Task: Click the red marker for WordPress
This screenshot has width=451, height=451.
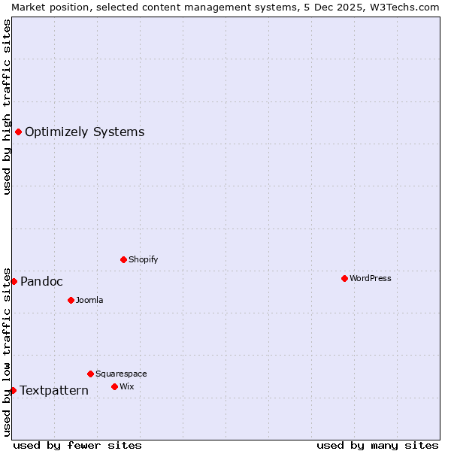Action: tap(344, 278)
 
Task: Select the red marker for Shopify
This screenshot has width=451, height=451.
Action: tap(123, 259)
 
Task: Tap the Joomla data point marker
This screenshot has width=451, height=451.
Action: tap(71, 300)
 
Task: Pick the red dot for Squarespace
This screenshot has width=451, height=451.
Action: tap(90, 374)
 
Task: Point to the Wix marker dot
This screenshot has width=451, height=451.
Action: tap(114, 386)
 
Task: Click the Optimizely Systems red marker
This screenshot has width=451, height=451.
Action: tap(18, 132)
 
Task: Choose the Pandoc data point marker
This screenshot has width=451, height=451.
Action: tap(14, 281)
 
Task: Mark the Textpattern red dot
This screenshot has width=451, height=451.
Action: tap(13, 390)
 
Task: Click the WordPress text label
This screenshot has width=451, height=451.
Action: tap(371, 278)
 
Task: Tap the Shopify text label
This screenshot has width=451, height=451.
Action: tap(143, 259)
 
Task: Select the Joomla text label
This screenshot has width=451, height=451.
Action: tap(89, 300)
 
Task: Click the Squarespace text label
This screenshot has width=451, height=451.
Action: tap(121, 374)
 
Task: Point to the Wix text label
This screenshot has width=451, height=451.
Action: tap(126, 386)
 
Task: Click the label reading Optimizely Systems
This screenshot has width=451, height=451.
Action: tap(84, 132)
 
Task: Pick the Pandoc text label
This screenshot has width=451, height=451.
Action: tap(41, 281)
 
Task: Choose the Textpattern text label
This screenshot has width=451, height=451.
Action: tap(54, 390)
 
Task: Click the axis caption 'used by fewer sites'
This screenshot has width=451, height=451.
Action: tap(77, 445)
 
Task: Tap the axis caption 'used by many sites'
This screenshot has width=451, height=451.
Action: tap(377, 445)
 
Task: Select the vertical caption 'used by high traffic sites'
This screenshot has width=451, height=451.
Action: tap(7, 107)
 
